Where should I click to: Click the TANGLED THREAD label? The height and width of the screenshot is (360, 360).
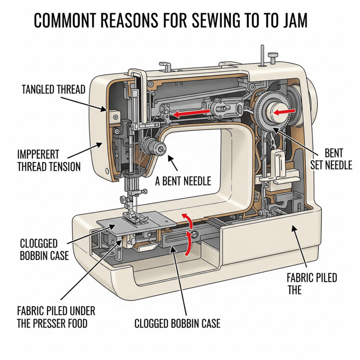click(53, 90)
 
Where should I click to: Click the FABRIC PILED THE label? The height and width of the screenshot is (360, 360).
click(311, 284)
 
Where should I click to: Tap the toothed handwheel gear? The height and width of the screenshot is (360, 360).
click(270, 112)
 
